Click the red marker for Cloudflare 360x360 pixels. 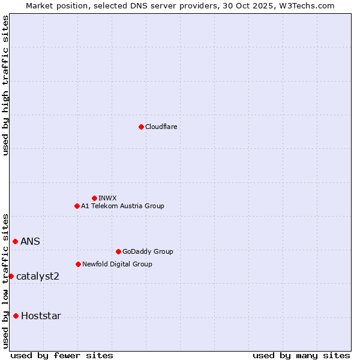141,127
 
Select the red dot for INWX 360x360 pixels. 94,198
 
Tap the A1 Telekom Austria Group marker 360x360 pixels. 77,206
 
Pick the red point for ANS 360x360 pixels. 15,241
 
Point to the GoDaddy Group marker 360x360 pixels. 118,251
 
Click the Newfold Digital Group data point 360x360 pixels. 78,264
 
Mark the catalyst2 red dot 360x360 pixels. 11,276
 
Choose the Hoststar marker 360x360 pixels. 16,316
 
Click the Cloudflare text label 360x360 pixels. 161,127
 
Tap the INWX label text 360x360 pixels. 107,198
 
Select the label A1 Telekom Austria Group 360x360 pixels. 122,206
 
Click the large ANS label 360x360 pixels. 31,241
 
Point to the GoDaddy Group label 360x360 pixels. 148,251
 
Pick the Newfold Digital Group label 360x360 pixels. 117,264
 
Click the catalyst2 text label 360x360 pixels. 38,276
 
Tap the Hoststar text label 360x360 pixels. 41,316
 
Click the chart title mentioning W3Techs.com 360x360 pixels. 180,5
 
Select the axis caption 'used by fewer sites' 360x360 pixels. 62,355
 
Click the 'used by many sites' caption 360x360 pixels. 301,355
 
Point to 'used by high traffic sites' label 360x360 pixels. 5,85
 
